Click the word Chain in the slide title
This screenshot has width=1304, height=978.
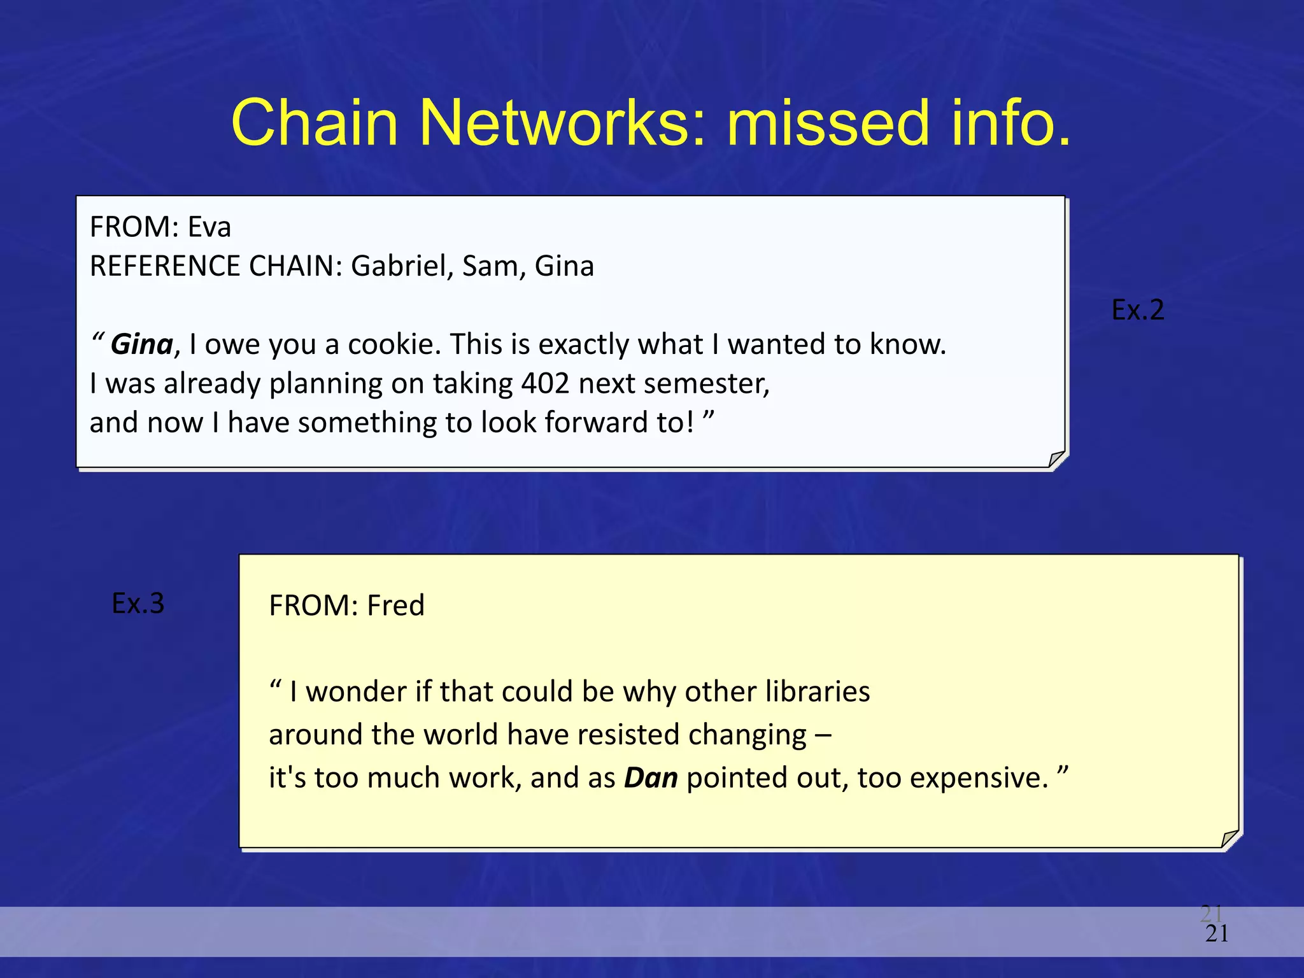point(315,122)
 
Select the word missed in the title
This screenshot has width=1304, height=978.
point(828,122)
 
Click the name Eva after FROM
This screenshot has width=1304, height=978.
point(209,227)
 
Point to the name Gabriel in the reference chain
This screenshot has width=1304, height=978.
point(402,266)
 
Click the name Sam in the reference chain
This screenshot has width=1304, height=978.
point(489,266)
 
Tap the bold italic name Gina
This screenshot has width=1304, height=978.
point(141,344)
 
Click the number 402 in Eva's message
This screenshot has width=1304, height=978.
point(545,384)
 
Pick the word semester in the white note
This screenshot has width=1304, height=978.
point(700,384)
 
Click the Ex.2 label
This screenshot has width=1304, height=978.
point(1137,310)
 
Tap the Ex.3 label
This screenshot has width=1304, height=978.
point(138,603)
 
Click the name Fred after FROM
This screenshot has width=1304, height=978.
point(395,606)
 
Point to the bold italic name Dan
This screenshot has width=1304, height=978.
point(651,778)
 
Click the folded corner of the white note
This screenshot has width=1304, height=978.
point(1056,458)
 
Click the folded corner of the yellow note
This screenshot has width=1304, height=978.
point(1230,839)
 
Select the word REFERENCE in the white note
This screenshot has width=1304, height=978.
point(164,266)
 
